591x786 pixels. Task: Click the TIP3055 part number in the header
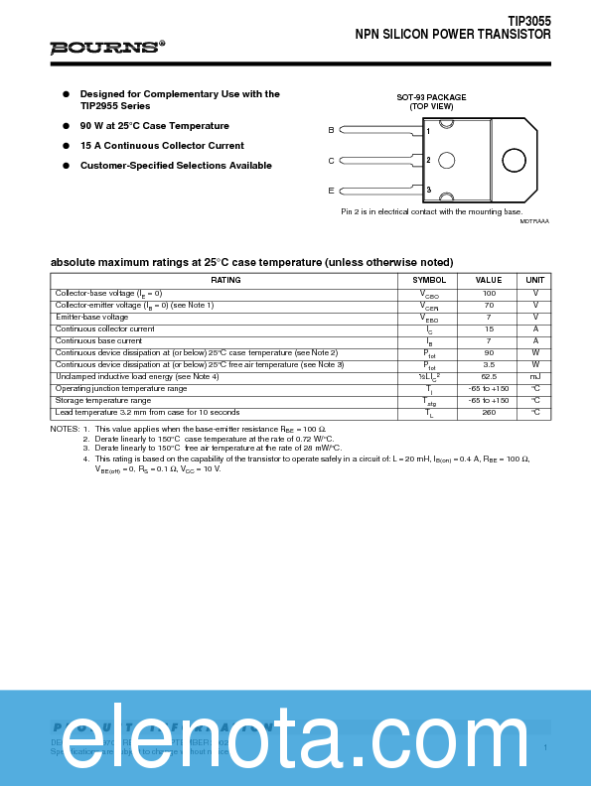[x=528, y=21]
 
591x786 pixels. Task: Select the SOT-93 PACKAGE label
[x=431, y=97]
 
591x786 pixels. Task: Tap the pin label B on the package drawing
[x=332, y=131]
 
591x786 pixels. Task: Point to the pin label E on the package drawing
[x=332, y=190]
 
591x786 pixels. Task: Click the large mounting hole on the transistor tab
[x=513, y=161]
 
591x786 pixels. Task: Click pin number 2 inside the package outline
[x=428, y=160]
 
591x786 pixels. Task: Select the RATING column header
[x=225, y=281]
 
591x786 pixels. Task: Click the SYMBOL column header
[x=429, y=281]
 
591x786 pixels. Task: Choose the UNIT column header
[x=535, y=281]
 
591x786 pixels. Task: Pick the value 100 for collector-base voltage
[x=489, y=294]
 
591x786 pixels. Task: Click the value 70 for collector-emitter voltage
[x=489, y=305]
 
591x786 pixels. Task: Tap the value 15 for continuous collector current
[x=489, y=328]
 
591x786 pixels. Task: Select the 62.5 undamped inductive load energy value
[x=489, y=376]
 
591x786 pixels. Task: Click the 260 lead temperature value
[x=489, y=412]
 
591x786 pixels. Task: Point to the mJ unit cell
[x=535, y=376]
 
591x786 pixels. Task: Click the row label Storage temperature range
[x=103, y=400]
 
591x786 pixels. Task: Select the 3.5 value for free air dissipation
[x=489, y=364]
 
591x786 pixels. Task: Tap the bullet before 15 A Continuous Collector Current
[x=67, y=146]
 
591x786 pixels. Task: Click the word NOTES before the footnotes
[x=65, y=429]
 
